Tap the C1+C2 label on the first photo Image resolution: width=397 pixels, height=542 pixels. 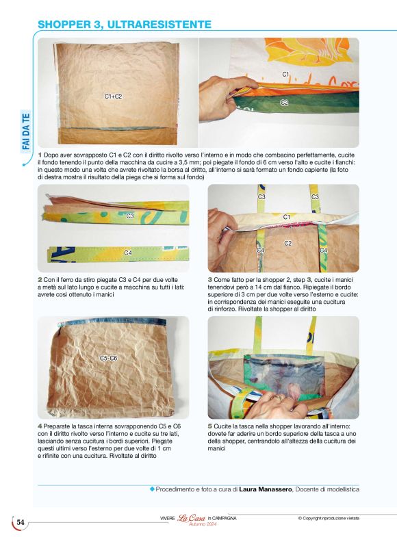[x=113, y=96]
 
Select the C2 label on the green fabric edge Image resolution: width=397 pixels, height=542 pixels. [x=284, y=102]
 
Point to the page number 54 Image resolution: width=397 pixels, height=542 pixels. [x=21, y=522]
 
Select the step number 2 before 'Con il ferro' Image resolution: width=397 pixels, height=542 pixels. [x=40, y=279]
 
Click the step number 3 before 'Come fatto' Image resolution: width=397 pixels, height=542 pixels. [x=209, y=279]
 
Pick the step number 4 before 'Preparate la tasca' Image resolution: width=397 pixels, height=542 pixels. [x=40, y=426]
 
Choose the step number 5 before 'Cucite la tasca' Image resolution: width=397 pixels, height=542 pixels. [x=209, y=426]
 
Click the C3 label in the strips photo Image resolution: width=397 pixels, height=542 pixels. [x=130, y=216]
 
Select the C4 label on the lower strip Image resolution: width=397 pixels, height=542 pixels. [x=128, y=253]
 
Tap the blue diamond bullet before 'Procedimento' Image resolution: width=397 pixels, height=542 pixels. [x=152, y=489]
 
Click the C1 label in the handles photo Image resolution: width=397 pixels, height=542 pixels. [x=287, y=217]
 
